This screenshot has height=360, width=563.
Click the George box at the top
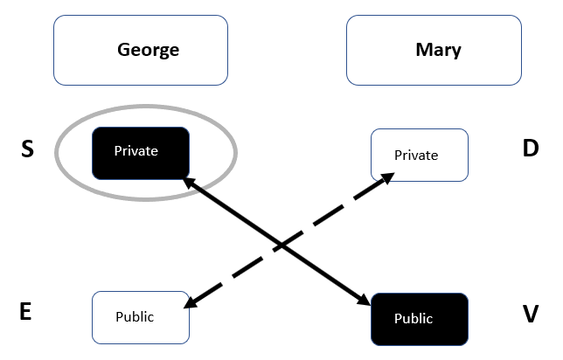tap(141, 51)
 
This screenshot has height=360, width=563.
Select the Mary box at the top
tap(434, 51)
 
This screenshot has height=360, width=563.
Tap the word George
tap(149, 51)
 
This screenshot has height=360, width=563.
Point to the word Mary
tap(438, 51)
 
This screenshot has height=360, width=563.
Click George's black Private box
tap(141, 153)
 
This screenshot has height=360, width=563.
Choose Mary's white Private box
tap(420, 155)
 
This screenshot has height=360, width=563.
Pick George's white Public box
tap(141, 318)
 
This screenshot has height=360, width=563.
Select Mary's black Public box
tap(420, 320)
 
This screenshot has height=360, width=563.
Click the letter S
tap(27, 149)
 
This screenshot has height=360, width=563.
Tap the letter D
tap(531, 148)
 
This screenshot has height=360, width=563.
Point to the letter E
tap(25, 311)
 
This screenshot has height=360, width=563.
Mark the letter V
tap(531, 314)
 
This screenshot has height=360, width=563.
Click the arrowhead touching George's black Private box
tap(190, 183)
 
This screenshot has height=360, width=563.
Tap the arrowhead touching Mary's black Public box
tap(364, 300)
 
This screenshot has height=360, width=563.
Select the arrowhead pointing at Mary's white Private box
tap(388, 177)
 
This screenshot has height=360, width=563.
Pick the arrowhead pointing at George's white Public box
tap(191, 303)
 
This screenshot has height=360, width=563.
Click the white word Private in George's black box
tap(136, 151)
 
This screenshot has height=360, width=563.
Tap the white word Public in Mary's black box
tap(414, 319)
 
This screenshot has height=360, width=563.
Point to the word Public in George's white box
tap(135, 317)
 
